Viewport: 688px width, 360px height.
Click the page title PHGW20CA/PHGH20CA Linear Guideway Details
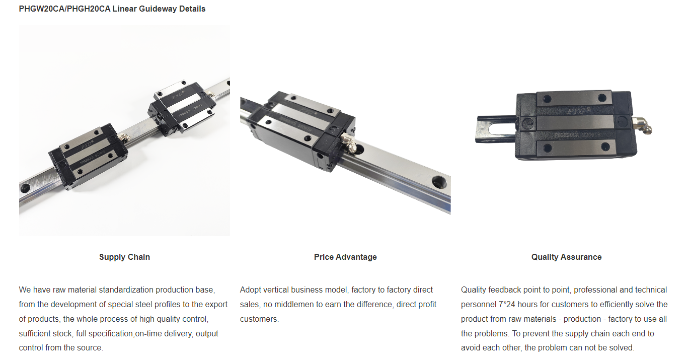pos(112,9)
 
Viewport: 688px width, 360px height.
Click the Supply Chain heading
pos(124,257)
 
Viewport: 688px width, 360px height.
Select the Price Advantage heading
pos(345,257)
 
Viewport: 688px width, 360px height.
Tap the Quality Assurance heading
pos(566,257)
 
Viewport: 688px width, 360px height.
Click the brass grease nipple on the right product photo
pos(643,125)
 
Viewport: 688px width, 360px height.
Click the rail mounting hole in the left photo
pos(25,188)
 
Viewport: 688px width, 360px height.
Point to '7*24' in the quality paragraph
pos(508,305)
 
